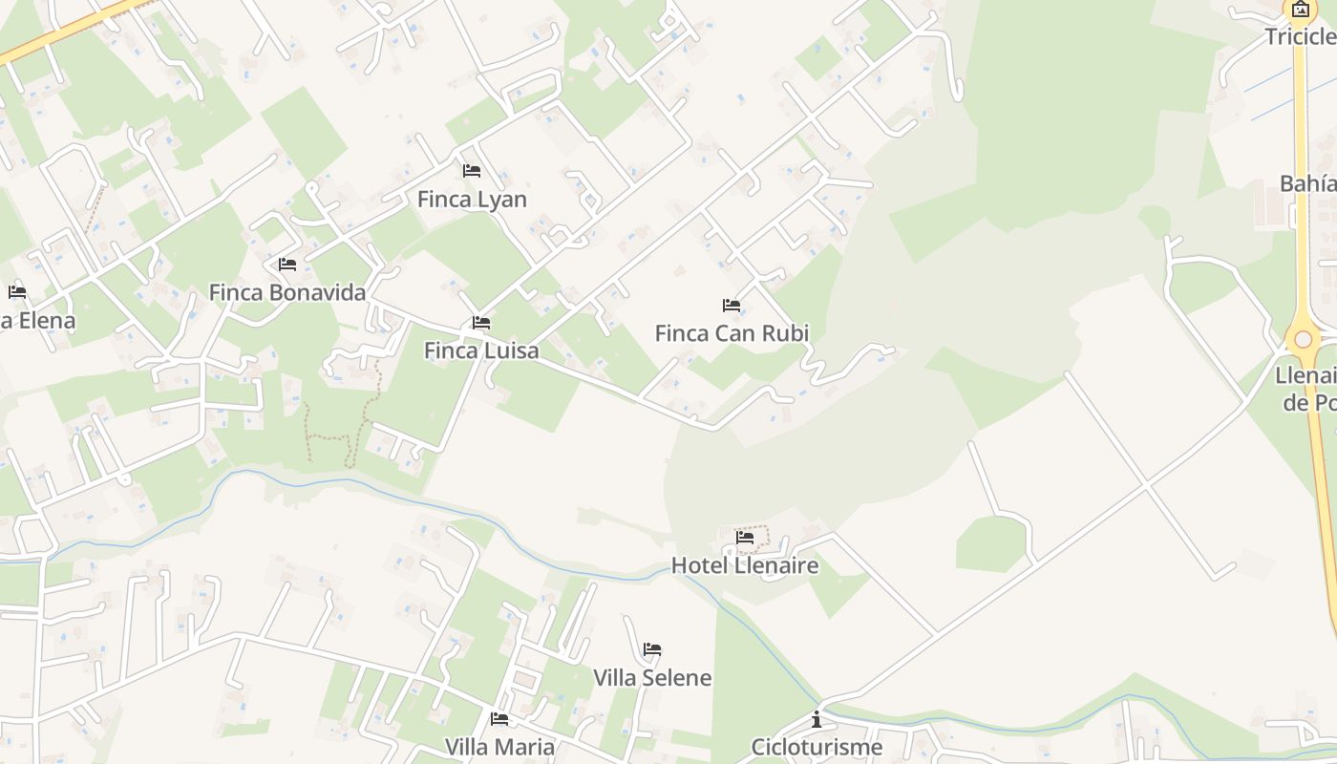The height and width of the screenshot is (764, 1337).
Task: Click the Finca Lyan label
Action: pyautogui.click(x=472, y=200)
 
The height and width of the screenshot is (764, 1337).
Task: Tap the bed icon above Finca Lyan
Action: pyautogui.click(x=472, y=171)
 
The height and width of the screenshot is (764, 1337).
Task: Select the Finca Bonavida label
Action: pyautogui.click(x=287, y=292)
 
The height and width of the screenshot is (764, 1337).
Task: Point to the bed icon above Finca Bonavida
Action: pyautogui.click(x=287, y=265)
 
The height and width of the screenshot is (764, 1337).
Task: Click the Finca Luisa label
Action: pyautogui.click(x=481, y=350)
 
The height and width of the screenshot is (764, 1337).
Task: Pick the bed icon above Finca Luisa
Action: pyautogui.click(x=481, y=323)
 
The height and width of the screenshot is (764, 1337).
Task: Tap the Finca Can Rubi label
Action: pyautogui.click(x=732, y=333)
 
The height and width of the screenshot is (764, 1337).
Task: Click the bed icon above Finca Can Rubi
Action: pyautogui.click(x=732, y=306)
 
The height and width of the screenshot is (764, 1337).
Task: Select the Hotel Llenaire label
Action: pyautogui.click(x=745, y=565)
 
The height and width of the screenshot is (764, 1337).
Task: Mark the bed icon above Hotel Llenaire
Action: pyautogui.click(x=745, y=538)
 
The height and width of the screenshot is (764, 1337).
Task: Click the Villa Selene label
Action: pyautogui.click(x=652, y=678)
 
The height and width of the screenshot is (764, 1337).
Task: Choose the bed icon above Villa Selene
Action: pyautogui.click(x=652, y=649)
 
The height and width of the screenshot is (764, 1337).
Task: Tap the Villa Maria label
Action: pyautogui.click(x=499, y=746)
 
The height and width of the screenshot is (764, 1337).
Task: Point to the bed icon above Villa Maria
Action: pyautogui.click(x=499, y=718)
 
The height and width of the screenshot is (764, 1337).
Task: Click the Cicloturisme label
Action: pyautogui.click(x=817, y=747)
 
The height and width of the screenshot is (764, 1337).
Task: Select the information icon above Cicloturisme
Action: pyautogui.click(x=817, y=719)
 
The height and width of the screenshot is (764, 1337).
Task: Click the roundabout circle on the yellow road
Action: pyautogui.click(x=1304, y=339)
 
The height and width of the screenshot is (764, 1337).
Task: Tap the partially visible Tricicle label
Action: pyautogui.click(x=1300, y=36)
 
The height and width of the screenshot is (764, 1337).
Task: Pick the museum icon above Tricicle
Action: pyautogui.click(x=1301, y=11)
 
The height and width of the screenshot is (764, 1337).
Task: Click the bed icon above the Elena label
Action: pyautogui.click(x=17, y=292)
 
